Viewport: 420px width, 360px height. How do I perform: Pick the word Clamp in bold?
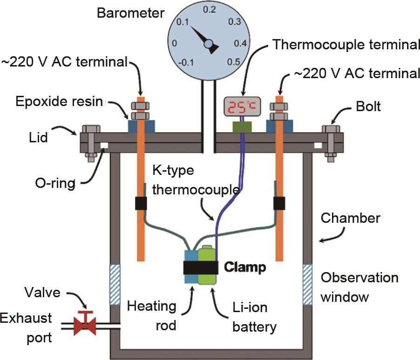245,267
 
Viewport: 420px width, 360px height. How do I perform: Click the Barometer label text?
130,13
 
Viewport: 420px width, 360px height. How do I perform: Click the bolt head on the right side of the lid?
331,129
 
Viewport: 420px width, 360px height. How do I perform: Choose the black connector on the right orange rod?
279,203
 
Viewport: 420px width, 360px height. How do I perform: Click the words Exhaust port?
26,328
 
